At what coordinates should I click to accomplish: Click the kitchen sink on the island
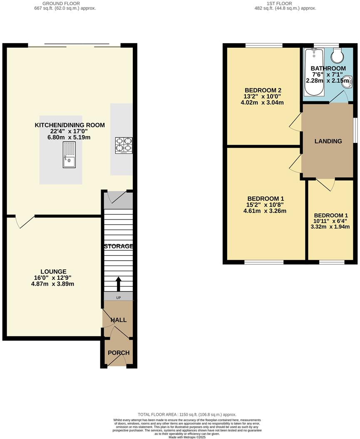click(69, 154)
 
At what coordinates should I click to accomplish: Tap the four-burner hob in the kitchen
click(124, 146)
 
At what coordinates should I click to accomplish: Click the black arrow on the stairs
click(118, 284)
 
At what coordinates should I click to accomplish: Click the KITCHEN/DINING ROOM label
click(70, 125)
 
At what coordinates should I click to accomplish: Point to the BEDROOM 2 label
click(263, 90)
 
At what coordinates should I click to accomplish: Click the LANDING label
click(328, 141)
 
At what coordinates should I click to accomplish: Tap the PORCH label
click(119, 353)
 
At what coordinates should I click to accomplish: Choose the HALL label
click(119, 320)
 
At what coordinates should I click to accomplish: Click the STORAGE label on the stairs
click(118, 246)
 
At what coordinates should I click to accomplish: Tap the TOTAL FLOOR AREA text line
click(187, 414)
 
